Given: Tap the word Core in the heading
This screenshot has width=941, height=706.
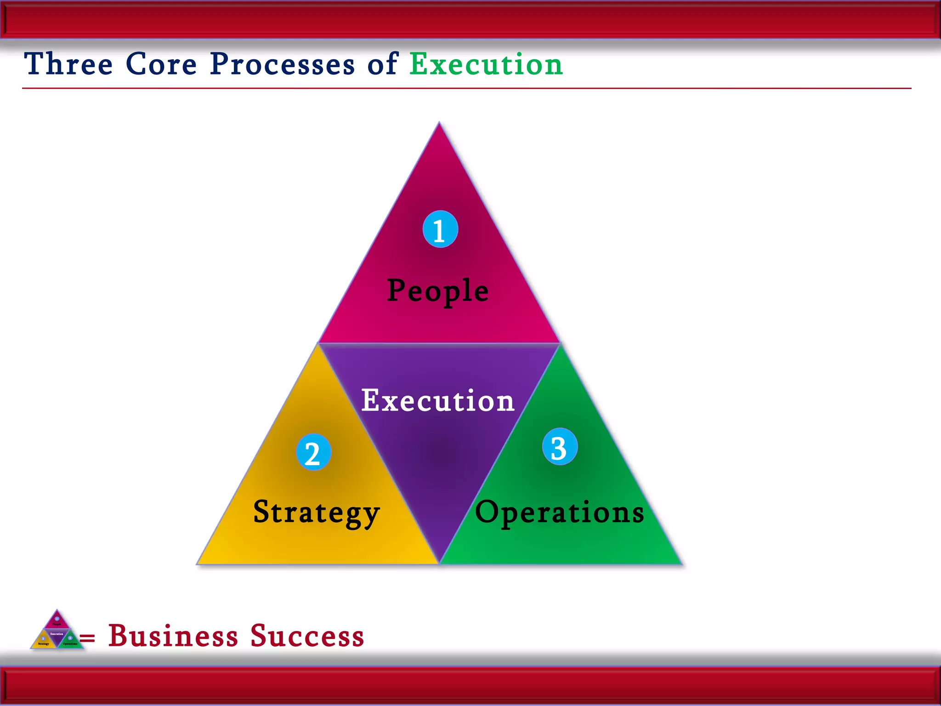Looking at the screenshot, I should coord(161,64).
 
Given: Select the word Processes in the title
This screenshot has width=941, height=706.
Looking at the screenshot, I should coord(282,64).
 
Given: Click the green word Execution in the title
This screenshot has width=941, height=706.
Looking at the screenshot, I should coord(486,64).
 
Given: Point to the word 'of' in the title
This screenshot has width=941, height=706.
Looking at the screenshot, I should coord(382,64).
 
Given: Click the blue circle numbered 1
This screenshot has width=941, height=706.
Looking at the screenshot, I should coord(440,229).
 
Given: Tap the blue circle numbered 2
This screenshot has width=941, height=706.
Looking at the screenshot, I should coord(313,452).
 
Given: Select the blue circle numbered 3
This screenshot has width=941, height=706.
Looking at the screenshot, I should coord(560,447).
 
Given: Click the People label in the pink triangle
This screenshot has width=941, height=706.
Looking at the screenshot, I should coord(438,290).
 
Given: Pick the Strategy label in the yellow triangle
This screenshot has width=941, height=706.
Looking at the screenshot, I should coord(317,512).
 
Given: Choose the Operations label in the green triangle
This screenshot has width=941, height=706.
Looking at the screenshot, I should coord(559,512).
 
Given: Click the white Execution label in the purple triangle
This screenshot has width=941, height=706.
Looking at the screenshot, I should coord(437,400).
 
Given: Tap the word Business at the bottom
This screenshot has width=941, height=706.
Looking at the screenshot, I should coord(173,636).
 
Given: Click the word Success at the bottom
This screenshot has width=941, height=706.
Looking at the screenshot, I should coord(307,636).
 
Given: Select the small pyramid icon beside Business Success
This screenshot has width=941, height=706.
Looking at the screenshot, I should coord(57,631).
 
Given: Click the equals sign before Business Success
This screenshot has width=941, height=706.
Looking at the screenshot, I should coord(87,638).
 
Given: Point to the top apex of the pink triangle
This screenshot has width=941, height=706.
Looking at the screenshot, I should coord(439,123).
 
